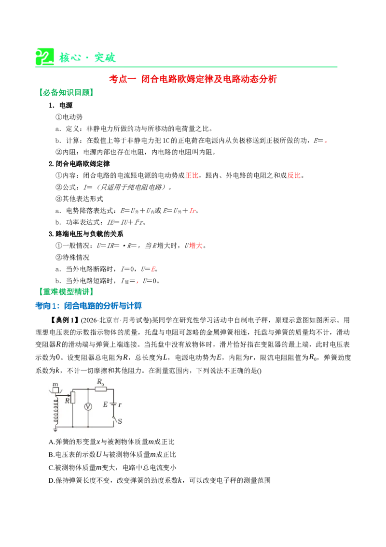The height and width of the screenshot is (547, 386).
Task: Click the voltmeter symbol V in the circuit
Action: pos(88,407)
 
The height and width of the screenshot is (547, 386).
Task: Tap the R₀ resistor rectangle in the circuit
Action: pos(101,389)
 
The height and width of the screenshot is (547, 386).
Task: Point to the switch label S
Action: pos(120,421)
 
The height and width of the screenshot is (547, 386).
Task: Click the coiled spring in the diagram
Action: pos(55,410)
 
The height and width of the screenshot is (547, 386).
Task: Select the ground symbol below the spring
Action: pos(55,429)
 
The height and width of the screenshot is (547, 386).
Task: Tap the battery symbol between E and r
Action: pos(113,404)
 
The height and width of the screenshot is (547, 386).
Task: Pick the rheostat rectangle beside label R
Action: pos(72,397)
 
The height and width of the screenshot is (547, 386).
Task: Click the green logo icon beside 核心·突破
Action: pos(44,57)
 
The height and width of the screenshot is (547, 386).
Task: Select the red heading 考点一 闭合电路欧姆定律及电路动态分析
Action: pos(193,79)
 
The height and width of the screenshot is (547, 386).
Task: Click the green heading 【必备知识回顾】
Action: pos(66,92)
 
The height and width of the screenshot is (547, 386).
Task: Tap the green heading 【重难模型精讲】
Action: pos(66,292)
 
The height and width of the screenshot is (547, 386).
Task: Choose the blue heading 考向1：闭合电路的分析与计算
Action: pos(88,306)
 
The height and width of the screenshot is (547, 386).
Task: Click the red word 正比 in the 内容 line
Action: pos(192,175)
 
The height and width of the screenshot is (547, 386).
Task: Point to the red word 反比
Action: pos(294,175)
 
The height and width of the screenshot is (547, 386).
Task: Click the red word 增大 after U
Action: pos(196,245)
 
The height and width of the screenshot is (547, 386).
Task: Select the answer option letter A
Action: pos(51,442)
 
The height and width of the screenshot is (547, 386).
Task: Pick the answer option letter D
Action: pos(51,481)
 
